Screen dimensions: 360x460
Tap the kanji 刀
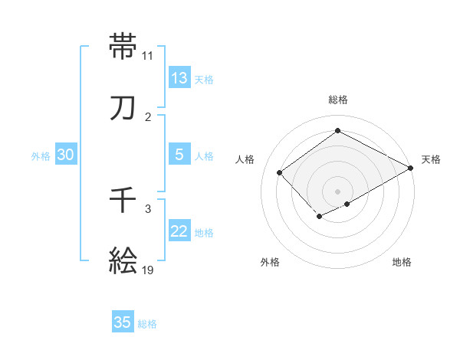pyautogui.click(x=123, y=108)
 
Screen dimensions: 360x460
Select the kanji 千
pyautogui.click(x=123, y=200)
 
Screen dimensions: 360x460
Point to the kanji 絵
pyautogui.click(x=123, y=260)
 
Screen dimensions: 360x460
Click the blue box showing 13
pyautogui.click(x=179, y=78)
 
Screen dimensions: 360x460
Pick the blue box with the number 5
pyautogui.click(x=179, y=155)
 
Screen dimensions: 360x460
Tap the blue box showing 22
pyautogui.click(x=179, y=231)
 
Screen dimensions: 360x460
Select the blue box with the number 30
pyautogui.click(x=66, y=155)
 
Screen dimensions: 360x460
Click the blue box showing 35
pyautogui.click(x=123, y=322)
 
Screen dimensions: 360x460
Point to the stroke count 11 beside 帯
pyautogui.click(x=148, y=55)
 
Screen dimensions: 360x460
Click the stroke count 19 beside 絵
pyautogui.click(x=148, y=270)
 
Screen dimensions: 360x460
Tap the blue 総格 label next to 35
pyautogui.click(x=148, y=324)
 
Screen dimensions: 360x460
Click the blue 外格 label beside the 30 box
pyautogui.click(x=41, y=156)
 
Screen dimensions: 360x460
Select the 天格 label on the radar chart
pyautogui.click(x=431, y=159)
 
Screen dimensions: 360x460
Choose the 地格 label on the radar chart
pyautogui.click(x=402, y=262)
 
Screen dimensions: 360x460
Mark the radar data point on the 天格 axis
pyautogui.click(x=412, y=168)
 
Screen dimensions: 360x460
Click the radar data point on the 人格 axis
pyautogui.click(x=280, y=172)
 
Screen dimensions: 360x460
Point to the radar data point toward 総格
pyautogui.click(x=337, y=131)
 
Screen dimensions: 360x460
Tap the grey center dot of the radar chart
pyautogui.click(x=337, y=191)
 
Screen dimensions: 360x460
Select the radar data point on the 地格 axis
pyautogui.click(x=347, y=204)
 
